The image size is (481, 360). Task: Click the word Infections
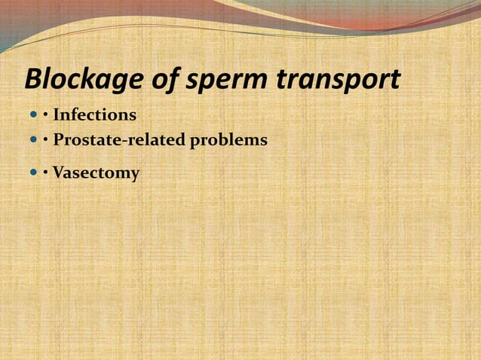click(x=95, y=115)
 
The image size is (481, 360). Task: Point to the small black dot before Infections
click(x=46, y=116)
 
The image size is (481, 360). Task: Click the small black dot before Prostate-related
click(x=46, y=141)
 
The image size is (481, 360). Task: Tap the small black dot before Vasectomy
click(x=46, y=173)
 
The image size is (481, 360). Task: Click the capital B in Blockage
click(x=34, y=79)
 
